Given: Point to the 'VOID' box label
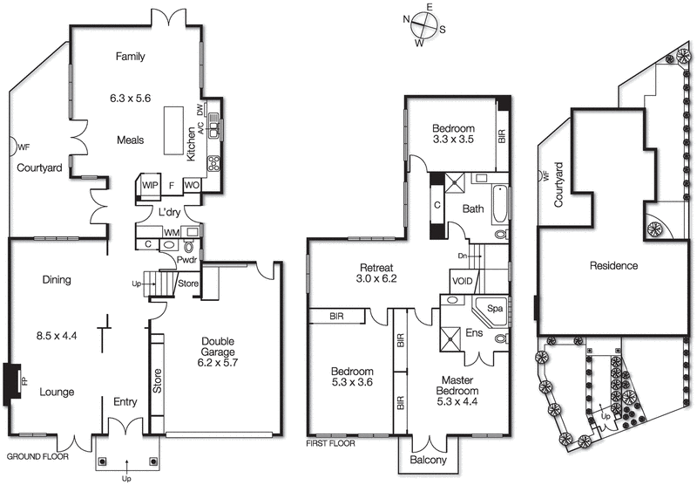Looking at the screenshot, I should [463, 281].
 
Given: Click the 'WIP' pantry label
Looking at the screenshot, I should [150, 185].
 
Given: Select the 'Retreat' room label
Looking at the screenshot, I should [377, 267].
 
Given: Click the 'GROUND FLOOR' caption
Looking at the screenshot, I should [37, 456].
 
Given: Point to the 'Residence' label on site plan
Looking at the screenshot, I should [613, 265].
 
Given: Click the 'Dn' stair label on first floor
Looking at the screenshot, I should [463, 256].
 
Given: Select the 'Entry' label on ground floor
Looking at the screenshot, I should [127, 401].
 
